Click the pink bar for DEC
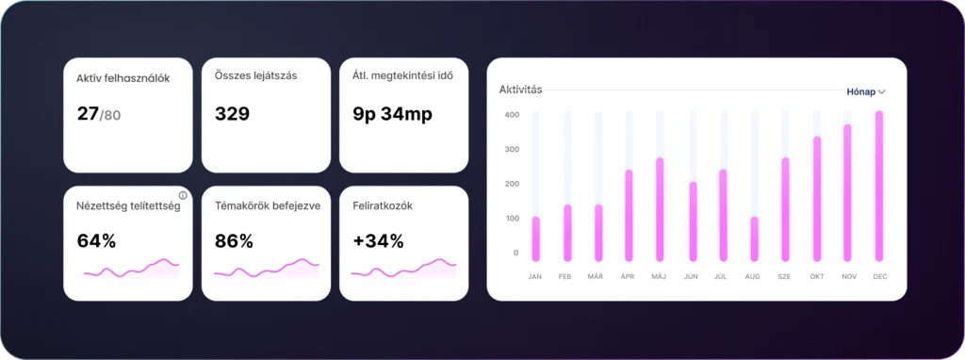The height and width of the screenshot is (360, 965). pyautogui.click(x=879, y=186)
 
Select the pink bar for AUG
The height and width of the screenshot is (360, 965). pyautogui.click(x=754, y=238)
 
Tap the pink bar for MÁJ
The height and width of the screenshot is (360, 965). pyautogui.click(x=660, y=209)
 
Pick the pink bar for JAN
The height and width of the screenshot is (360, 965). pyautogui.click(x=535, y=238)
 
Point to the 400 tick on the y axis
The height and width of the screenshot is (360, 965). pyautogui.click(x=512, y=115)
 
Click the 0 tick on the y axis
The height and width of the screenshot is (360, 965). pyautogui.click(x=515, y=253)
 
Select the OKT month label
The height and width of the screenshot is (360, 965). pyautogui.click(x=817, y=277)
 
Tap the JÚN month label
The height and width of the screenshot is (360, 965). pyautogui.click(x=691, y=277)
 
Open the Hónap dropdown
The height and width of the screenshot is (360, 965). pyautogui.click(x=866, y=91)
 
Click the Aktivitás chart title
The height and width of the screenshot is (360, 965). pyautogui.click(x=520, y=90)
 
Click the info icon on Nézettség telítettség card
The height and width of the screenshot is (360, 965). pyautogui.click(x=182, y=196)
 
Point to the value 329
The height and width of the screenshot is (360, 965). pyautogui.click(x=232, y=114)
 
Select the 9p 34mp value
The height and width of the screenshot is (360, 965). pyautogui.click(x=393, y=114)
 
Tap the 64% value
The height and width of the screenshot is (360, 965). pyautogui.click(x=97, y=242)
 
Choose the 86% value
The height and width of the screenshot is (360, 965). pyautogui.click(x=234, y=242)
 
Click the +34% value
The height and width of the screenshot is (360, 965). pyautogui.click(x=378, y=242)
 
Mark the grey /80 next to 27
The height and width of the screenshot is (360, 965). pyautogui.click(x=110, y=115)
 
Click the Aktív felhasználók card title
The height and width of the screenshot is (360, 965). pyautogui.click(x=123, y=78)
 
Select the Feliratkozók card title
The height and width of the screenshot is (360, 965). pyautogui.click(x=383, y=206)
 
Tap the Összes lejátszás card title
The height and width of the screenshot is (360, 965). pyautogui.click(x=256, y=75)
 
